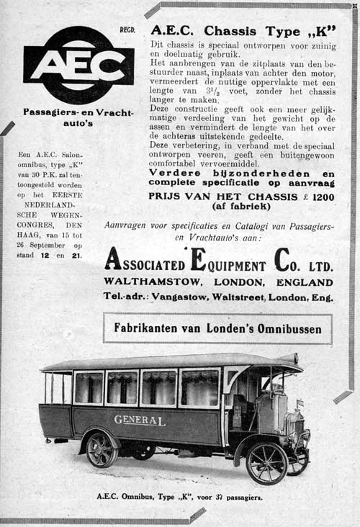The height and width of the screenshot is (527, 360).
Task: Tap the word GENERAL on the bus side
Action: coord(139,420)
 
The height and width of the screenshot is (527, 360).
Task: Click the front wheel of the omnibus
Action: coord(266,462)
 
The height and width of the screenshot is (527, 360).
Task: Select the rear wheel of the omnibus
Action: coord(102,451)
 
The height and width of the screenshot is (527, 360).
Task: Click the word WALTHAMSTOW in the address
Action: coord(145,282)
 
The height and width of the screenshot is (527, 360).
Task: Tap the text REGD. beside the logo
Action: coord(127,30)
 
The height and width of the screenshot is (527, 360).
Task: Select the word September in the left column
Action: coord(49,244)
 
